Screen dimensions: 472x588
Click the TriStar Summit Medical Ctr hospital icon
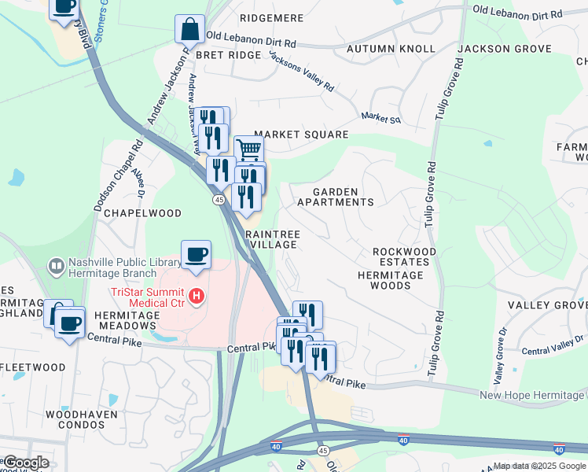pos(197,297)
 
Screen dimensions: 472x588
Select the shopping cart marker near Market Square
pos(248,148)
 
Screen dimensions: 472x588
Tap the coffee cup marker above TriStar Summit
pos(196,254)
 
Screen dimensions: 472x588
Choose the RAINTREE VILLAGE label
pos(272,239)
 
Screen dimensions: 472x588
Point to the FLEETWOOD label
pos(34,367)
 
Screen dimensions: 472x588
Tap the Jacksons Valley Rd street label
pos(302,71)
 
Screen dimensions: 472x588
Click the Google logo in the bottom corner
pos(26,463)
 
